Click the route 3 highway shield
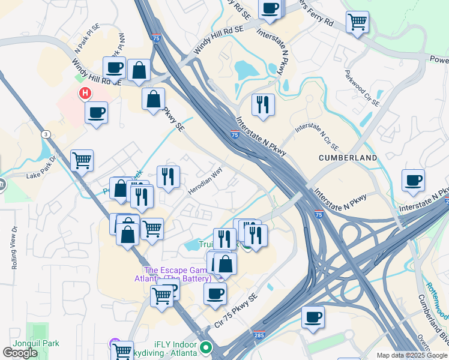point(46,134)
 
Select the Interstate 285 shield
point(259,335)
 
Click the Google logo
point(20,353)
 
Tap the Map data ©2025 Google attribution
point(412,355)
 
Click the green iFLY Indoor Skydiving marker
point(206,347)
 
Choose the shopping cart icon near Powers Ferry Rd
point(357,22)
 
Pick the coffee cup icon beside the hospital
point(96,112)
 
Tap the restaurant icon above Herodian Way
point(168,176)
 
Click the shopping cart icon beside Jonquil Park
point(122,350)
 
